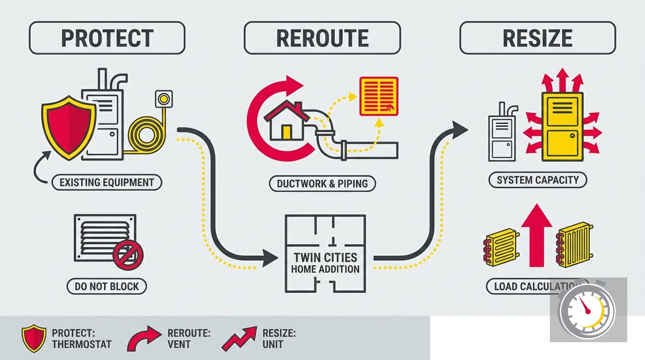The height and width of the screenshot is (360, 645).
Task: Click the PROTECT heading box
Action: pyautogui.click(x=107, y=37)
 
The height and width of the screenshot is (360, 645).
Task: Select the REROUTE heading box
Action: pyautogui.click(x=322, y=37)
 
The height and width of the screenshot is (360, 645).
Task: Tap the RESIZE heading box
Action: pyautogui.click(x=538, y=37)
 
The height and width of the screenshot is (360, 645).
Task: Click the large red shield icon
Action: pyautogui.click(x=69, y=127)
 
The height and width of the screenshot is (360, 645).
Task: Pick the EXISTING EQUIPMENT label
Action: pyautogui.click(x=107, y=182)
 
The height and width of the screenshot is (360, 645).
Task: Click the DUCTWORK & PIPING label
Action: pyautogui.click(x=322, y=184)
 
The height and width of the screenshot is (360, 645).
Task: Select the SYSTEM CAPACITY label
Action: pyautogui.click(x=538, y=180)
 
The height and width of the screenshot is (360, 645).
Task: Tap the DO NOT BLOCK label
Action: pyautogui.click(x=107, y=286)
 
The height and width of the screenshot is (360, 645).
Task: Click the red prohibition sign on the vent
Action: pyautogui.click(x=128, y=255)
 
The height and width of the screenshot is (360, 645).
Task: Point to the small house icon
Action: pyautogui.click(x=287, y=121)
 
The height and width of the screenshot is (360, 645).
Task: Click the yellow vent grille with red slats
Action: pyautogui.click(x=379, y=96)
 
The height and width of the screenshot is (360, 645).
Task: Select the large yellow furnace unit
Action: pyautogui.click(x=562, y=127)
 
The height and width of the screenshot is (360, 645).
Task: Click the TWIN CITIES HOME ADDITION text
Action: pyautogui.click(x=325, y=263)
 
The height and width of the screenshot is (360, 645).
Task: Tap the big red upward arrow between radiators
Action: pyautogui.click(x=537, y=235)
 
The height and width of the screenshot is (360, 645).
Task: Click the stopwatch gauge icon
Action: pyautogui.click(x=585, y=311)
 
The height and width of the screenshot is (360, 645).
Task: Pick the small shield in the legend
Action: pyautogui.click(x=34, y=338)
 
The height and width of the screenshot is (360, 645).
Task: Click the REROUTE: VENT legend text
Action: pyautogui.click(x=189, y=339)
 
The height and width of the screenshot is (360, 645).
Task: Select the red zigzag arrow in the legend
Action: pyautogui.click(x=239, y=339)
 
